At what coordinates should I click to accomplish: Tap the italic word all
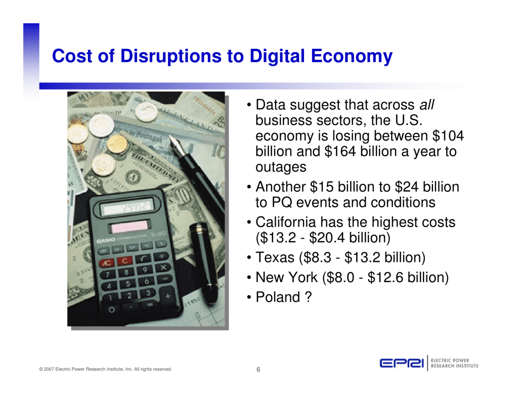(426, 105)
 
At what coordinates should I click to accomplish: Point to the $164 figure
(340, 151)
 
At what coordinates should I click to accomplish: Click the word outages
(281, 167)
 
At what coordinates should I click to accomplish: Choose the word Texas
(275, 257)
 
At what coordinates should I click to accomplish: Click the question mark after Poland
(309, 297)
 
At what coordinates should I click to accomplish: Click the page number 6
(258, 369)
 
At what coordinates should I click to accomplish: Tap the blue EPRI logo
(402, 363)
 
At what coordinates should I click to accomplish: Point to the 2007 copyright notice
(106, 369)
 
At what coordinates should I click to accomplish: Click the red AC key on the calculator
(107, 263)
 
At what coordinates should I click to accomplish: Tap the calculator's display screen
(127, 207)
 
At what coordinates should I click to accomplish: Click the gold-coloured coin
(117, 144)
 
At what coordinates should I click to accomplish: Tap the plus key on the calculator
(168, 297)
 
